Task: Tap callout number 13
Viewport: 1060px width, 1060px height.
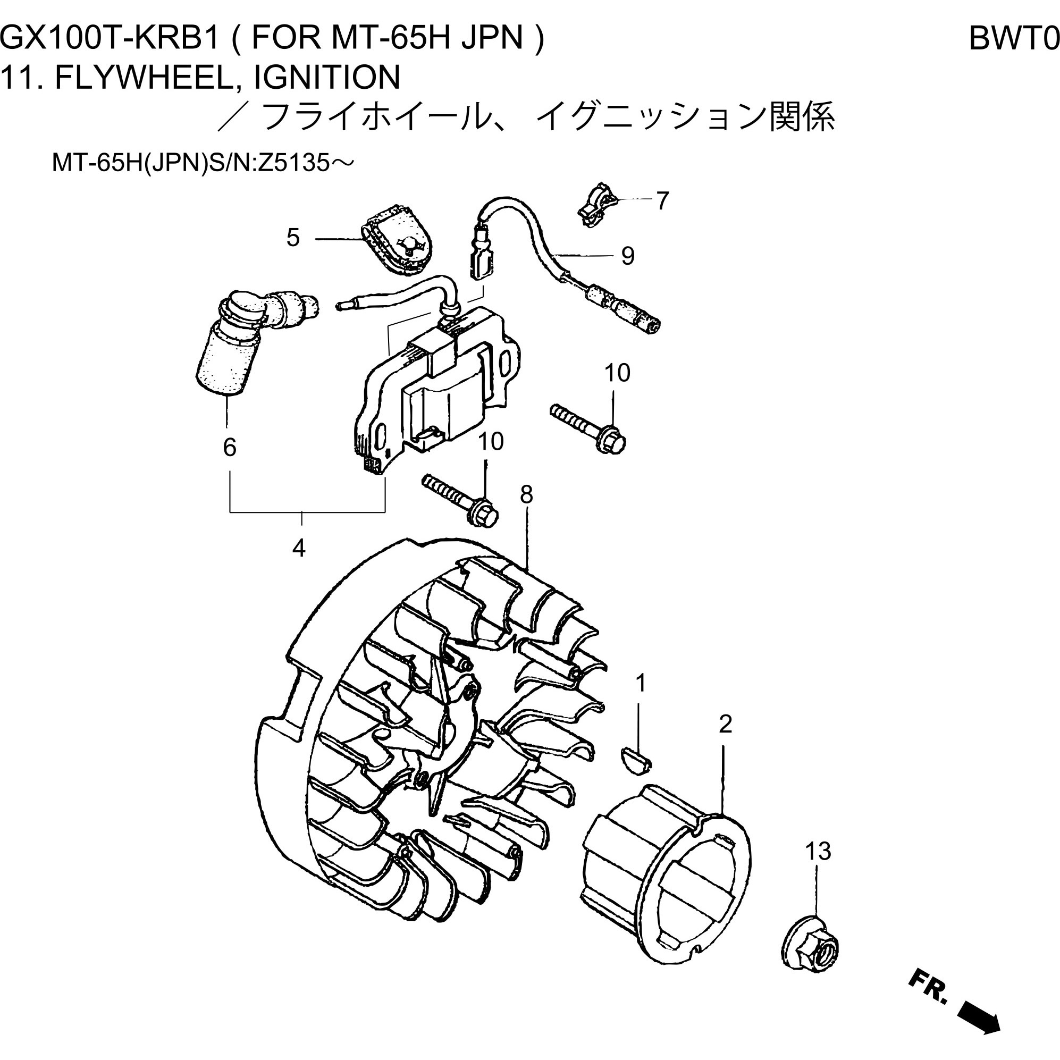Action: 818,851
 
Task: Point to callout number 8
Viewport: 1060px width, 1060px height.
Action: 526,495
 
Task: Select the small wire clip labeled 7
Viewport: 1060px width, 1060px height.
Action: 596,205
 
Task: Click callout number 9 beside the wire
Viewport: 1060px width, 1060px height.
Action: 628,256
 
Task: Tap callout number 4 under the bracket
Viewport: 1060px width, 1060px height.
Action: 298,548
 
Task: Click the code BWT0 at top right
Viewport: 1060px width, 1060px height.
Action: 1013,38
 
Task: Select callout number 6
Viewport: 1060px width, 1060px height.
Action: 229,447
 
